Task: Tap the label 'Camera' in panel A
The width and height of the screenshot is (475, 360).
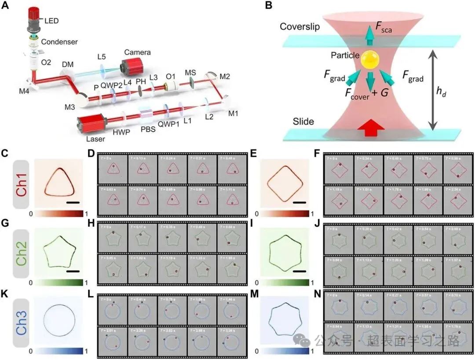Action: click(137, 52)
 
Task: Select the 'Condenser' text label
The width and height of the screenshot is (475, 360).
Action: click(59, 42)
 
